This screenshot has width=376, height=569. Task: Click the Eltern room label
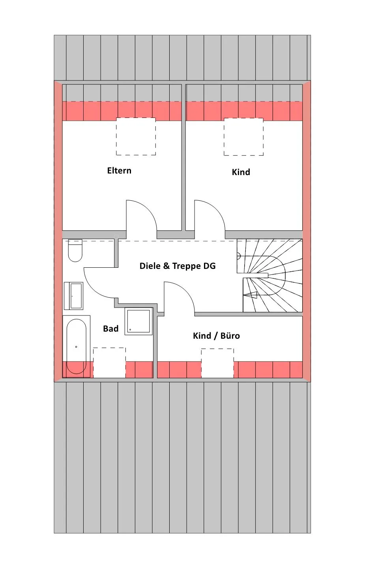pyautogui.click(x=119, y=170)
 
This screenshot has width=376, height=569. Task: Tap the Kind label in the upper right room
pyautogui.click(x=241, y=172)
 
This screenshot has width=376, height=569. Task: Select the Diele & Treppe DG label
pyautogui.click(x=178, y=266)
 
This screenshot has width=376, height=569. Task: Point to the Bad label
pyautogui.click(x=110, y=328)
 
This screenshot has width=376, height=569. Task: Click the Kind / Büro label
pyautogui.click(x=216, y=336)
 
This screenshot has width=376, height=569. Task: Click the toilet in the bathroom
pyautogui.click(x=75, y=250)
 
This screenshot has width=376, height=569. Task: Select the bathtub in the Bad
pyautogui.click(x=76, y=347)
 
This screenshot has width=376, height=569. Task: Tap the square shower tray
pyautogui.click(x=138, y=321)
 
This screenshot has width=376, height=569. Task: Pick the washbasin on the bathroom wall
pyautogui.click(x=73, y=296)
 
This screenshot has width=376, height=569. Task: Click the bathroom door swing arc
pyautogui.click(x=93, y=289)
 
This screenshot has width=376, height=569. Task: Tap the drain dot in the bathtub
pyautogui.click(x=76, y=347)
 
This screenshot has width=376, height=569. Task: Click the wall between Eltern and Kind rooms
pyautogui.click(x=183, y=157)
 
